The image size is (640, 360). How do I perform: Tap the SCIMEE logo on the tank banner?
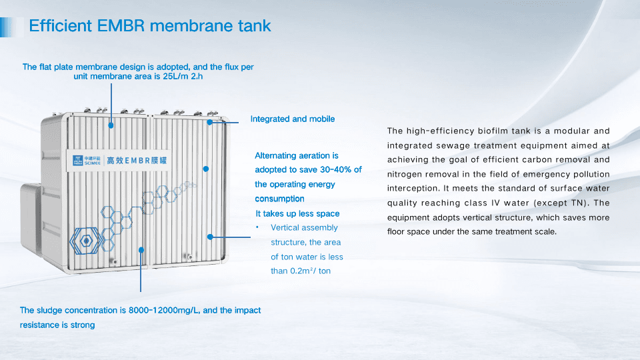pyautogui.click(x=87, y=160)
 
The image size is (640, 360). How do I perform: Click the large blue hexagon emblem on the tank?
pyautogui.click(x=86, y=241)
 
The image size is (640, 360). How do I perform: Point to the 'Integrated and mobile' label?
pyautogui.click(x=292, y=119)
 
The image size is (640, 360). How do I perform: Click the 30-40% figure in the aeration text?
pyautogui.click(x=331, y=170)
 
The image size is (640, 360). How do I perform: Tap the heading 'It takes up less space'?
pyautogui.click(x=297, y=214)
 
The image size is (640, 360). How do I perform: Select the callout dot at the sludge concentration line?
pyautogui.click(x=141, y=250)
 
